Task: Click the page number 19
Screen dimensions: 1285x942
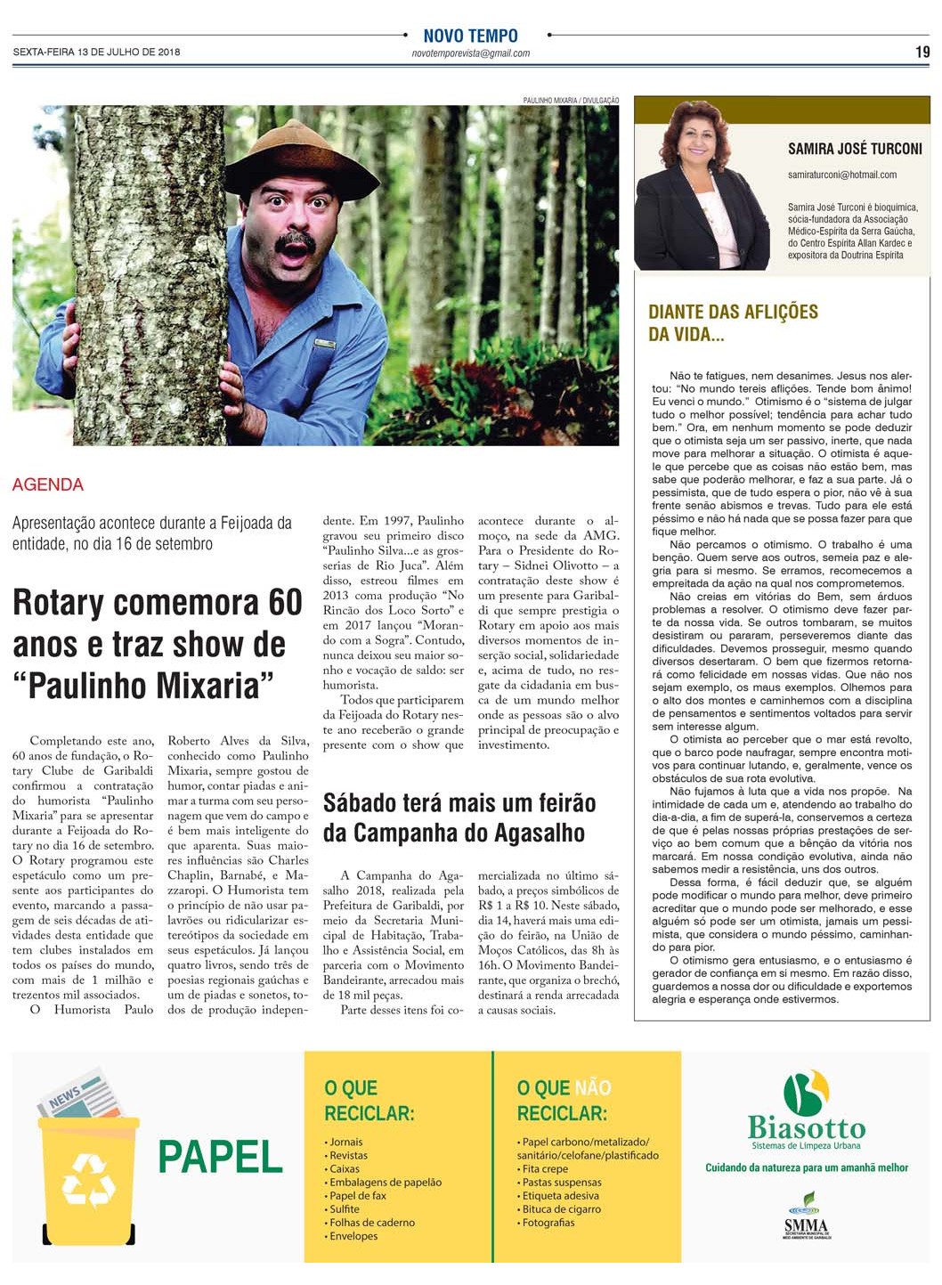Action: (x=922, y=52)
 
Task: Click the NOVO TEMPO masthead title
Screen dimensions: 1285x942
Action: (x=470, y=36)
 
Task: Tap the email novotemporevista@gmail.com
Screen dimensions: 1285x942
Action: (x=470, y=53)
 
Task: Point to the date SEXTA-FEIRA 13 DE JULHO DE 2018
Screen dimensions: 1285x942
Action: (x=96, y=52)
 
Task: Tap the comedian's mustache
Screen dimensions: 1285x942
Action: (x=296, y=241)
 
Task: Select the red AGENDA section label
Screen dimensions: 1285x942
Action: (x=48, y=485)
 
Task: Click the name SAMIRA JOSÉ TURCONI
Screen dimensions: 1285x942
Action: (x=854, y=149)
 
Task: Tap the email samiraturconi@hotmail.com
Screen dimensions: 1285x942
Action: (x=841, y=175)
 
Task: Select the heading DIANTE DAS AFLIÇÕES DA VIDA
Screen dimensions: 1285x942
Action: (x=732, y=322)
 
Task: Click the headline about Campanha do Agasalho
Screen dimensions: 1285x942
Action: (x=459, y=817)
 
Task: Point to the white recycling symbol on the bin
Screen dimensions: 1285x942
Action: (x=88, y=1180)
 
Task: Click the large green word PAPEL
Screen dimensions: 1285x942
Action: (x=220, y=1157)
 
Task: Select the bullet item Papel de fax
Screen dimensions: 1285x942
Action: (x=357, y=1196)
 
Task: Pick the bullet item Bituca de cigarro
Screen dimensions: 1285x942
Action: (x=561, y=1209)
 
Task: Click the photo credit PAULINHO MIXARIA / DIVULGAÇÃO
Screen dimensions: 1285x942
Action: (x=570, y=101)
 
